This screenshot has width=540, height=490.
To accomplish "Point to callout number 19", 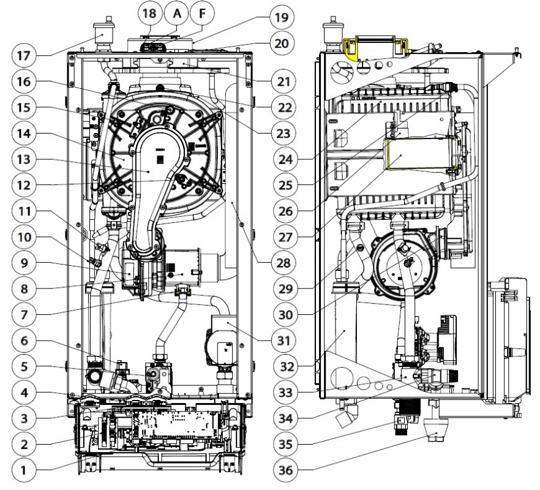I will [x=280, y=17].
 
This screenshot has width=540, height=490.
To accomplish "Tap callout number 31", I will [x=280, y=340].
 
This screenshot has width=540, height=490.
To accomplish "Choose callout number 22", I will [x=280, y=106].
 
